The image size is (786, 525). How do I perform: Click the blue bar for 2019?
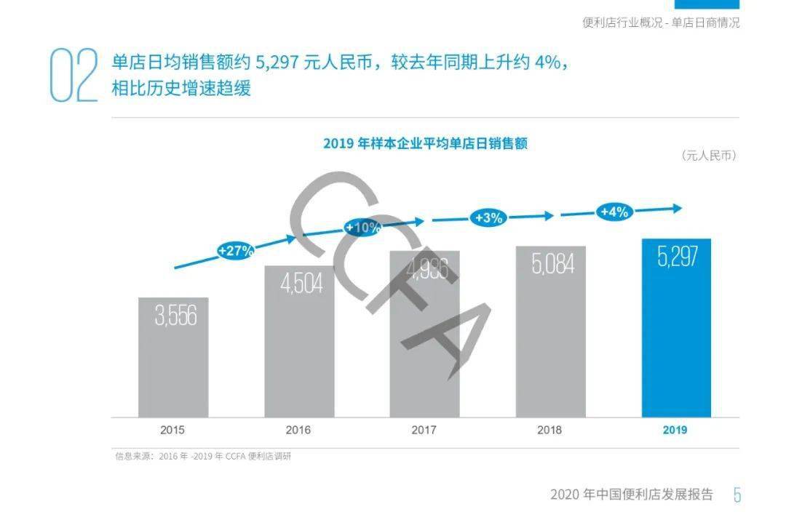point(676,328)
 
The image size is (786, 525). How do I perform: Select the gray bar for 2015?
point(173,358)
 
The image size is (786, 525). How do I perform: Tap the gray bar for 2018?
point(551,332)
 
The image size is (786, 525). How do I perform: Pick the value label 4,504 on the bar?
point(301,284)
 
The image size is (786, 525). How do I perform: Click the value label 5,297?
point(678,257)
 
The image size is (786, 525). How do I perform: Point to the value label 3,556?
point(175,315)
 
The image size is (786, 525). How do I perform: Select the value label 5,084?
point(553,263)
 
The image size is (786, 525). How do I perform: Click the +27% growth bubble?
point(235,250)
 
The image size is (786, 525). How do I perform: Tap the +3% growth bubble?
point(488,218)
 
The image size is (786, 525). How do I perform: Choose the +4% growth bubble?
point(614,212)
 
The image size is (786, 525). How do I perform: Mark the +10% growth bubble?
point(362,228)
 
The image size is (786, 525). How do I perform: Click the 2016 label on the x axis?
point(298,430)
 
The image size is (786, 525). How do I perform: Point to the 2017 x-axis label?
point(424,430)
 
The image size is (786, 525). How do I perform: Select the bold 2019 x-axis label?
point(675,430)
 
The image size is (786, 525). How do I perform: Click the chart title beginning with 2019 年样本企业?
point(425,144)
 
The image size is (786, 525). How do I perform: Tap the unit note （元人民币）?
point(709,156)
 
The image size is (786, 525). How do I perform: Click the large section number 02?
point(74,75)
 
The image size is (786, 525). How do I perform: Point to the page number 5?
point(737,495)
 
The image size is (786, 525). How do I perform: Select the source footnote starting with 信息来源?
point(203,457)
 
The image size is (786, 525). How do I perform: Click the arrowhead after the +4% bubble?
point(678,208)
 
